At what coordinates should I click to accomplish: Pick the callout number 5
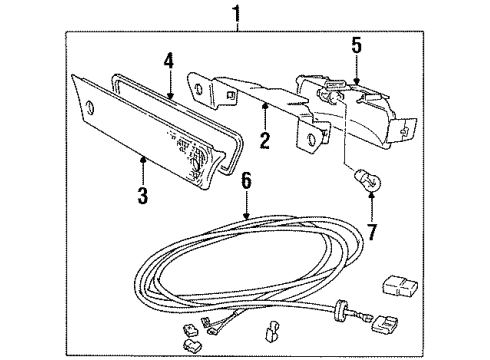(x=357, y=44)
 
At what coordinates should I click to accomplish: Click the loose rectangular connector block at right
(x=399, y=284)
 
